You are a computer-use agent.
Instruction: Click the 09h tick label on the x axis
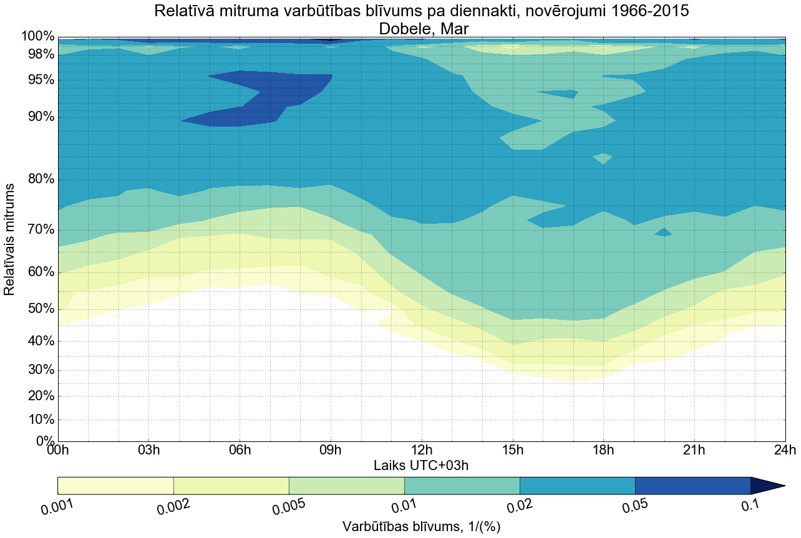coord(331,450)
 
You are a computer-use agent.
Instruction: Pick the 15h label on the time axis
coord(513,450)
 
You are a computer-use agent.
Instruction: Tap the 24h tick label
coord(785,450)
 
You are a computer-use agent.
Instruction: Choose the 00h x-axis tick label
coord(58,450)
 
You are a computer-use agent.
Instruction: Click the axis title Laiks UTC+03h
coord(421,465)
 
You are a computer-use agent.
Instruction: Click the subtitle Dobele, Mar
coord(422,29)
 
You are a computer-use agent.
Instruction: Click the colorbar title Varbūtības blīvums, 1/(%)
coord(421,527)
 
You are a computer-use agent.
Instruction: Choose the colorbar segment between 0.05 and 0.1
coord(692,486)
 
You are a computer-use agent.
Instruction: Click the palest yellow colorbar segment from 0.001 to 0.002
coord(115,486)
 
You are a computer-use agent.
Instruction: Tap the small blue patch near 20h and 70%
coord(663,233)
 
